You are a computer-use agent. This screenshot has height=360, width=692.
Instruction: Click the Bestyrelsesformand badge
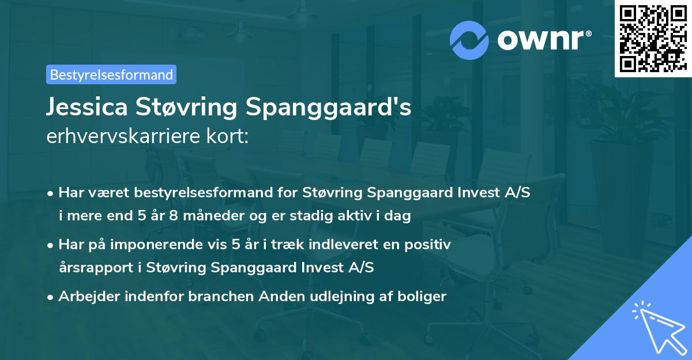point(111,74)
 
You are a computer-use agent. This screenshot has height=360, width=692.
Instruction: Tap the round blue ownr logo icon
point(469,40)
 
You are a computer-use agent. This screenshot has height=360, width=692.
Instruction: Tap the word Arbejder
point(86,297)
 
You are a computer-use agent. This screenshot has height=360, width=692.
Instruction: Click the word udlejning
point(339,297)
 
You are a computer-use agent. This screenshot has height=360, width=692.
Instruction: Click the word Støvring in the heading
point(195,108)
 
